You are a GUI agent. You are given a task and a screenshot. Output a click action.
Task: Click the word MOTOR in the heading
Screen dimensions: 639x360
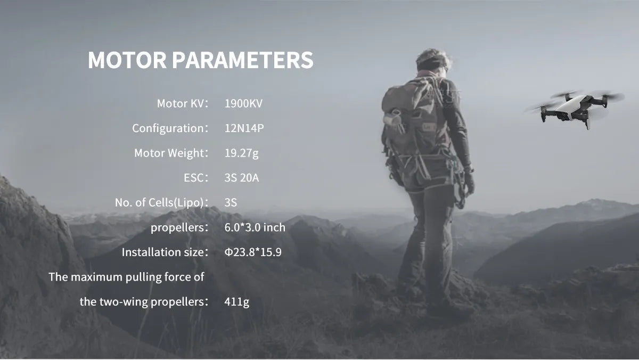click(127, 60)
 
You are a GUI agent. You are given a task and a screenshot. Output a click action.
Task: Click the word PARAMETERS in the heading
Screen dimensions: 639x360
click(243, 60)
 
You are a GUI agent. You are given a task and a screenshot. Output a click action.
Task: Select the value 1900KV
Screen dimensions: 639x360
click(243, 103)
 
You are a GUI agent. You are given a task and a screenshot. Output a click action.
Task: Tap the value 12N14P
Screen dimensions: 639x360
click(244, 128)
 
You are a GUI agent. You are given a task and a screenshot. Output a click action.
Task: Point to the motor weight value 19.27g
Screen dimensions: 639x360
click(242, 153)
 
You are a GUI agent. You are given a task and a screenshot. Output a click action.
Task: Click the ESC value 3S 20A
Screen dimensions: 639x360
click(242, 178)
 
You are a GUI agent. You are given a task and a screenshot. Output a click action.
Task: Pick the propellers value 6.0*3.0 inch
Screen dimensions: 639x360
click(255, 227)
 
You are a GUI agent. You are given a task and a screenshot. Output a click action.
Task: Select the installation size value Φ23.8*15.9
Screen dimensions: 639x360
click(253, 252)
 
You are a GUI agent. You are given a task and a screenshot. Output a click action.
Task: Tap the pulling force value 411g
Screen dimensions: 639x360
click(237, 302)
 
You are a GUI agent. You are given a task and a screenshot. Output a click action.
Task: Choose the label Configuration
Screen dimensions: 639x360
click(168, 129)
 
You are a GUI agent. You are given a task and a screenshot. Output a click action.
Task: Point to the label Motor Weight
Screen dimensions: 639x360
click(169, 153)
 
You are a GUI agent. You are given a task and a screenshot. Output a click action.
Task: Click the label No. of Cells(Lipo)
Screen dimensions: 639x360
click(159, 203)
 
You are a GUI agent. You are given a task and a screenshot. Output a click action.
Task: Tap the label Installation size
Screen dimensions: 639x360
click(163, 252)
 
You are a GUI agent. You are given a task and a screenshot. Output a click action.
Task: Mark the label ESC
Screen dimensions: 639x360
click(194, 178)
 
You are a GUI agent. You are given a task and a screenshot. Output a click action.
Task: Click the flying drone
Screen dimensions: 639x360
click(574, 109)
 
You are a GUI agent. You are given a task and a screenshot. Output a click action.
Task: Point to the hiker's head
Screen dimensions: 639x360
click(432, 61)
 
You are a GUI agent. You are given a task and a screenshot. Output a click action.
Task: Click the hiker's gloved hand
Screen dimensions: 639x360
click(469, 183)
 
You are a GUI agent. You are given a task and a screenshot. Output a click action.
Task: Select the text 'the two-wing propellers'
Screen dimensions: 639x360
click(142, 302)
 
